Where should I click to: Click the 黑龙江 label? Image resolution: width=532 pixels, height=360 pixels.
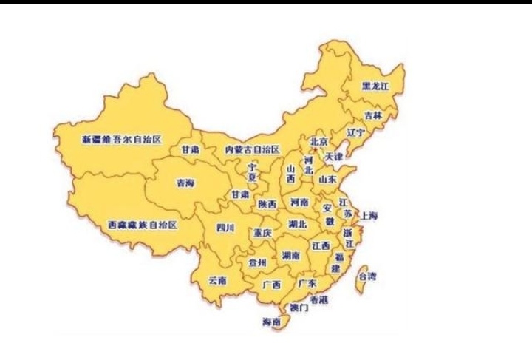coord(375,86)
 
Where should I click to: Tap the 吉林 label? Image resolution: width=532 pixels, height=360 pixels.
coord(374,116)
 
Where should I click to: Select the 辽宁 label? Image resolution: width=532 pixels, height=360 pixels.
coord(355,133)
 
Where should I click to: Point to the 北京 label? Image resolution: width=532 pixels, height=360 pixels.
coord(318,141)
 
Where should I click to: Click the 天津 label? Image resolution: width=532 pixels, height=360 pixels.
coord(333,157)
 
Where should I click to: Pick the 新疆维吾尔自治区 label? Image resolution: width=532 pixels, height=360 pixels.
coord(121,138)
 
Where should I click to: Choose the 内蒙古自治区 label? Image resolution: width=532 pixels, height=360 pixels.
coord(253,149)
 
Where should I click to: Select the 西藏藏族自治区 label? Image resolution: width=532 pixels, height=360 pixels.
coord(142,223)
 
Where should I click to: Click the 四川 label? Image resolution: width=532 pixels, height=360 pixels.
coord(225,228)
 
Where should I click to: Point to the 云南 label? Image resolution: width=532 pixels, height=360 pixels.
coord(217,280)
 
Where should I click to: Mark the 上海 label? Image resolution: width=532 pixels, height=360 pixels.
coord(369,216)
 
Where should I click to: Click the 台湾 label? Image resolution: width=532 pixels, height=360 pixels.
coord(367,276)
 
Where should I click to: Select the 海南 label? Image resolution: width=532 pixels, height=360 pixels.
coord(271,322)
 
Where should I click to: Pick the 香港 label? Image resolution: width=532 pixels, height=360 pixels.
coord(318,299)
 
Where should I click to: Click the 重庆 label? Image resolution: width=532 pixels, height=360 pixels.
coord(262,233)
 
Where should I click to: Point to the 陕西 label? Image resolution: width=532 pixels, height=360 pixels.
coord(267,203)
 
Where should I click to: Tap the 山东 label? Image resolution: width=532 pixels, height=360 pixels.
coord(327,179)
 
